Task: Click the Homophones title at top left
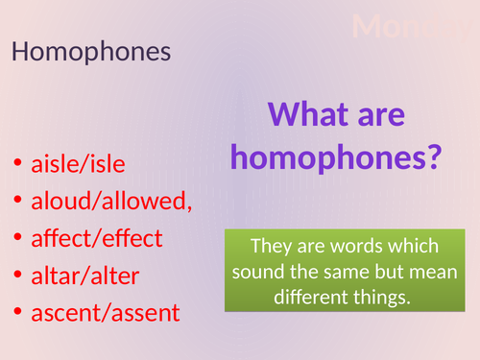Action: point(91,52)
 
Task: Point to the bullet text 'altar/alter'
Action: point(85,276)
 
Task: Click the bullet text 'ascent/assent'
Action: point(106,313)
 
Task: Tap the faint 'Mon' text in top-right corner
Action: point(394,26)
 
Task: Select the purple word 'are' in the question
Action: point(384,118)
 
